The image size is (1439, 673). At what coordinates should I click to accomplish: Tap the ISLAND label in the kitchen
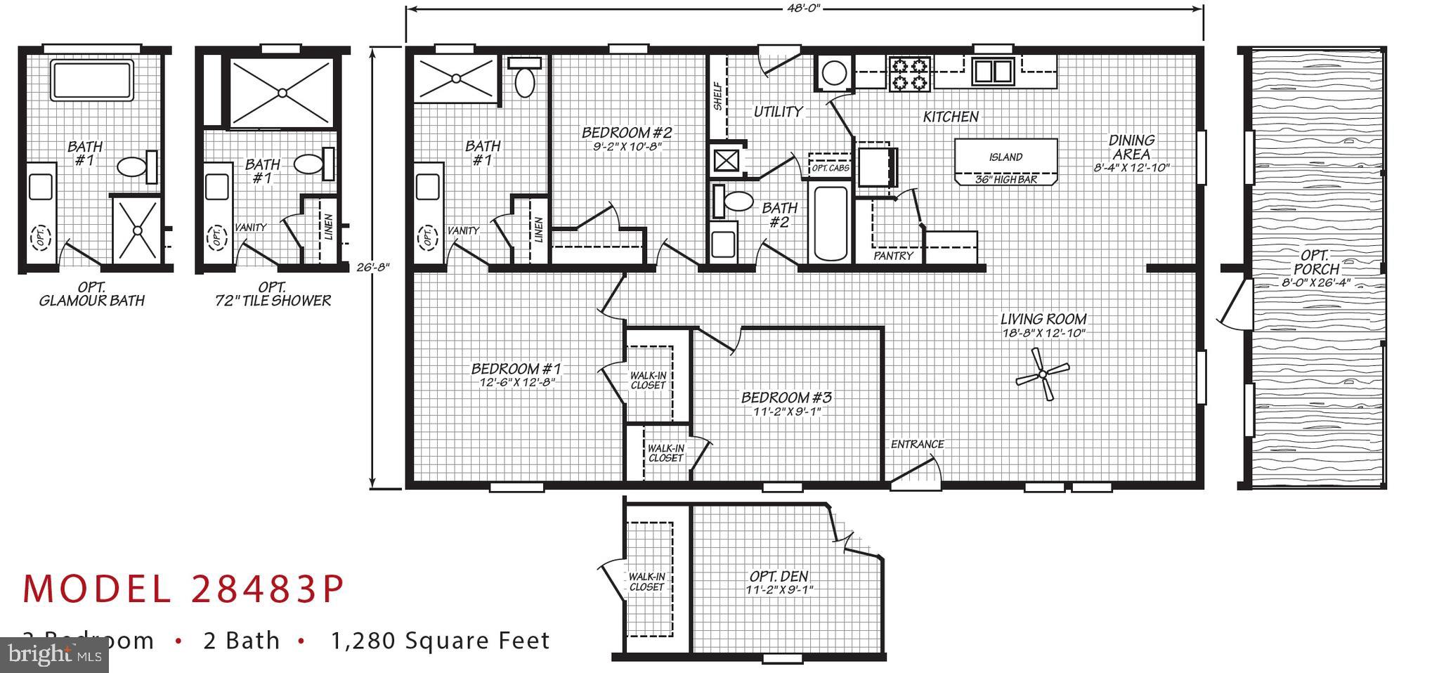tap(1005, 157)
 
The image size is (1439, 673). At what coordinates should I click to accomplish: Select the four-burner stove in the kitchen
tap(910, 74)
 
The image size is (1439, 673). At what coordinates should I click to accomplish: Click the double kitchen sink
tap(992, 71)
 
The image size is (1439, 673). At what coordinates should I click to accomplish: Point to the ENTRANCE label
tap(917, 444)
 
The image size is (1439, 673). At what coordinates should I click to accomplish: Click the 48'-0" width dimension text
tap(803, 8)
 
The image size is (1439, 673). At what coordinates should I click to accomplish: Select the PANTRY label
tap(893, 256)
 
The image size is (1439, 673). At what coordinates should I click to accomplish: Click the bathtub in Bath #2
tap(830, 223)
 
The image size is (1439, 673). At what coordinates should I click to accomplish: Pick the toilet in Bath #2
tap(734, 202)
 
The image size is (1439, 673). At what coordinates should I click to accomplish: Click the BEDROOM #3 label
tap(786, 398)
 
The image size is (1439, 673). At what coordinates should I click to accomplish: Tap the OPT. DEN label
tap(779, 576)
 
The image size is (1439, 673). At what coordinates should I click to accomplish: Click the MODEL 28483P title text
tap(183, 589)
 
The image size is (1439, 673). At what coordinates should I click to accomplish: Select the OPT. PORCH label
tap(1315, 262)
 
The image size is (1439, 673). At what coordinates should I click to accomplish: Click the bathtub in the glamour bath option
tap(92, 79)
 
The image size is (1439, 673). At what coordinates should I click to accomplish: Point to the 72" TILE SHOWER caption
tap(273, 301)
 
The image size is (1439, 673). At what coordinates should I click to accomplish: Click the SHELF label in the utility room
tap(717, 96)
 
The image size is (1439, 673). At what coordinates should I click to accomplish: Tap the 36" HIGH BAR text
tap(1006, 180)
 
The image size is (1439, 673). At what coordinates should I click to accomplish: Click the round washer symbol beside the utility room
tap(833, 72)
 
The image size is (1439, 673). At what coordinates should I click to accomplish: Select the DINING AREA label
tap(1131, 147)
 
